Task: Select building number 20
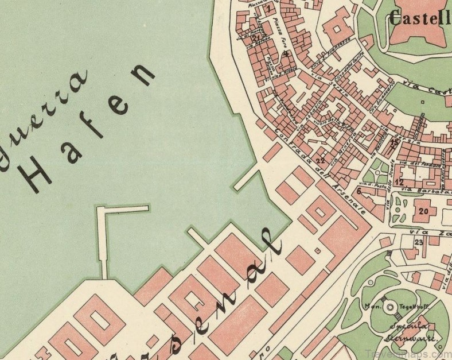[x=423, y=210]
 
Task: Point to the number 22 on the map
[x=320, y=161]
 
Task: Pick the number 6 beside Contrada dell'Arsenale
[x=359, y=191]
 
